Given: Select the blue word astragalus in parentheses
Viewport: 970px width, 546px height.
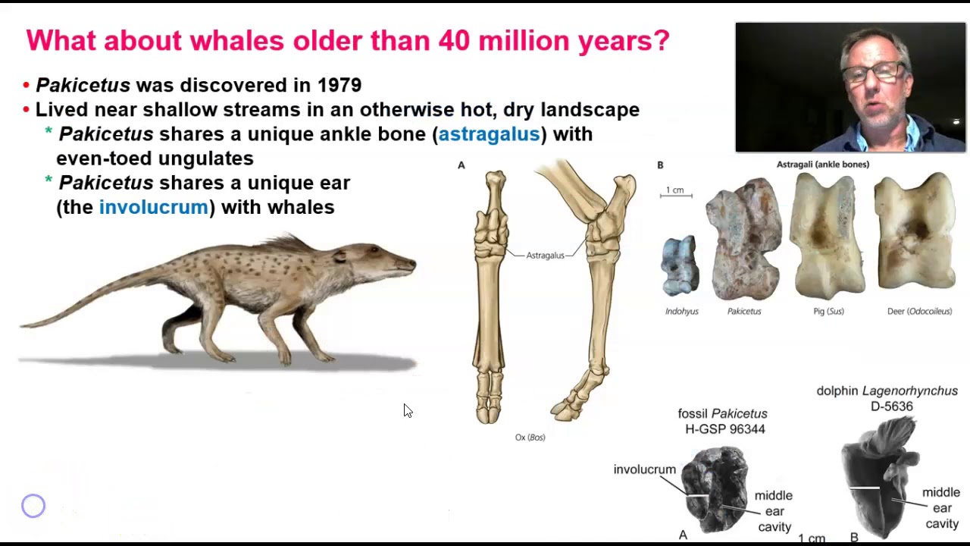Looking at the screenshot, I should [x=489, y=134].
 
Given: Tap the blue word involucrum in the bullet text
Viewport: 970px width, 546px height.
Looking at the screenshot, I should [x=153, y=207].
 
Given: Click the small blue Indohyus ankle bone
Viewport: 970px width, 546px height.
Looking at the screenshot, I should [x=679, y=265].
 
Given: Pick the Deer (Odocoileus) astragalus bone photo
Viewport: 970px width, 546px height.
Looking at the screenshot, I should [x=915, y=232].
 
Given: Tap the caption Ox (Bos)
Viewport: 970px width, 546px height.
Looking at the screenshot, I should [x=530, y=438].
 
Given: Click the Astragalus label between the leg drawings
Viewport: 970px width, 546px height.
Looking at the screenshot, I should [x=545, y=256].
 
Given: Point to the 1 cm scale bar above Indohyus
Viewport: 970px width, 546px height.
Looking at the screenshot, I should [x=675, y=195].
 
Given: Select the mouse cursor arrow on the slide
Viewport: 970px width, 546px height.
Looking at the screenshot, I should [x=408, y=410].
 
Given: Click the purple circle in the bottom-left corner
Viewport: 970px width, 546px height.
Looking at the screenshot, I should [x=33, y=506].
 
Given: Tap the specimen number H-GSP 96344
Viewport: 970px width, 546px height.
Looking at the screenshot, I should [x=724, y=429].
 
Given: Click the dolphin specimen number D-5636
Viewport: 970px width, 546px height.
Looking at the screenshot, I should [x=891, y=406].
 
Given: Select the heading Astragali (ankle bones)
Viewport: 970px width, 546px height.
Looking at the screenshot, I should [x=822, y=164].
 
